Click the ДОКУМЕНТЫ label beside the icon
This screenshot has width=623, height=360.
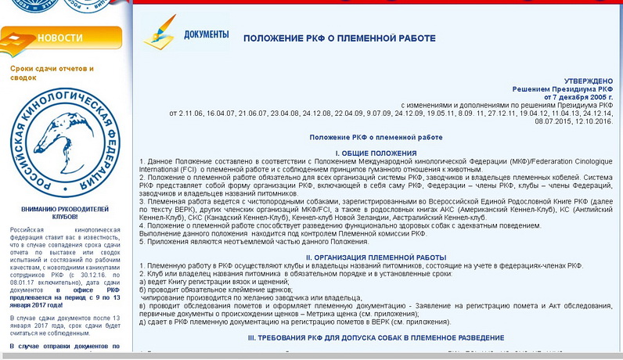pos(206,34)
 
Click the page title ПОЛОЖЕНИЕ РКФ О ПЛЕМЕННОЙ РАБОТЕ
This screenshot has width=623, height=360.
pos(339,38)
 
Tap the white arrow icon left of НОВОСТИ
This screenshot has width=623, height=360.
pos(18,38)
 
